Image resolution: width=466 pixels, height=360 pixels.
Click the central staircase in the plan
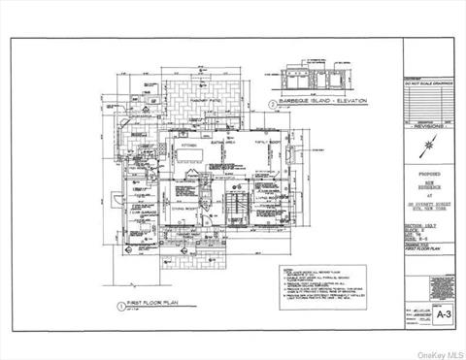click(231, 206)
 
